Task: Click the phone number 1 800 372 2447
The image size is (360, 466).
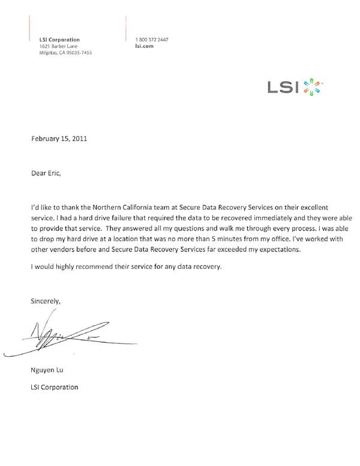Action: [152, 40]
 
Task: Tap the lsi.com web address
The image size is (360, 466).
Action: [145, 46]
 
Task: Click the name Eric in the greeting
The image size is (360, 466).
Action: [54, 174]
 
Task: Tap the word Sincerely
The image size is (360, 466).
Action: [46, 300]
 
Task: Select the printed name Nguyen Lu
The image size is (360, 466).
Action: [48, 371]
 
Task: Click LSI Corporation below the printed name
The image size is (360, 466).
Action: [54, 387]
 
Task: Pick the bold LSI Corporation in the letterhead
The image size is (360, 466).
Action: [59, 40]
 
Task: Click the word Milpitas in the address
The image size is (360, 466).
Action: [50, 52]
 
